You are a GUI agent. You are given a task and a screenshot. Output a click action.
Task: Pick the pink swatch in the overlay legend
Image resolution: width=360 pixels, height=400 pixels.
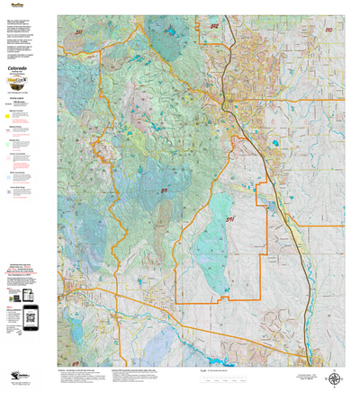[8, 156]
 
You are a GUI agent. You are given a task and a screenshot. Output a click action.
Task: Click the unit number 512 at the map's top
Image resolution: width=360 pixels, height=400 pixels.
[214, 26]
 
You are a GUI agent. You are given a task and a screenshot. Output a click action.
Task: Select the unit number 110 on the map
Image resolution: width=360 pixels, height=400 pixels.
[328, 30]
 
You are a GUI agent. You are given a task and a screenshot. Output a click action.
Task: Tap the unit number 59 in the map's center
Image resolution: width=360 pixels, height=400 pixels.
[164, 191]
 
